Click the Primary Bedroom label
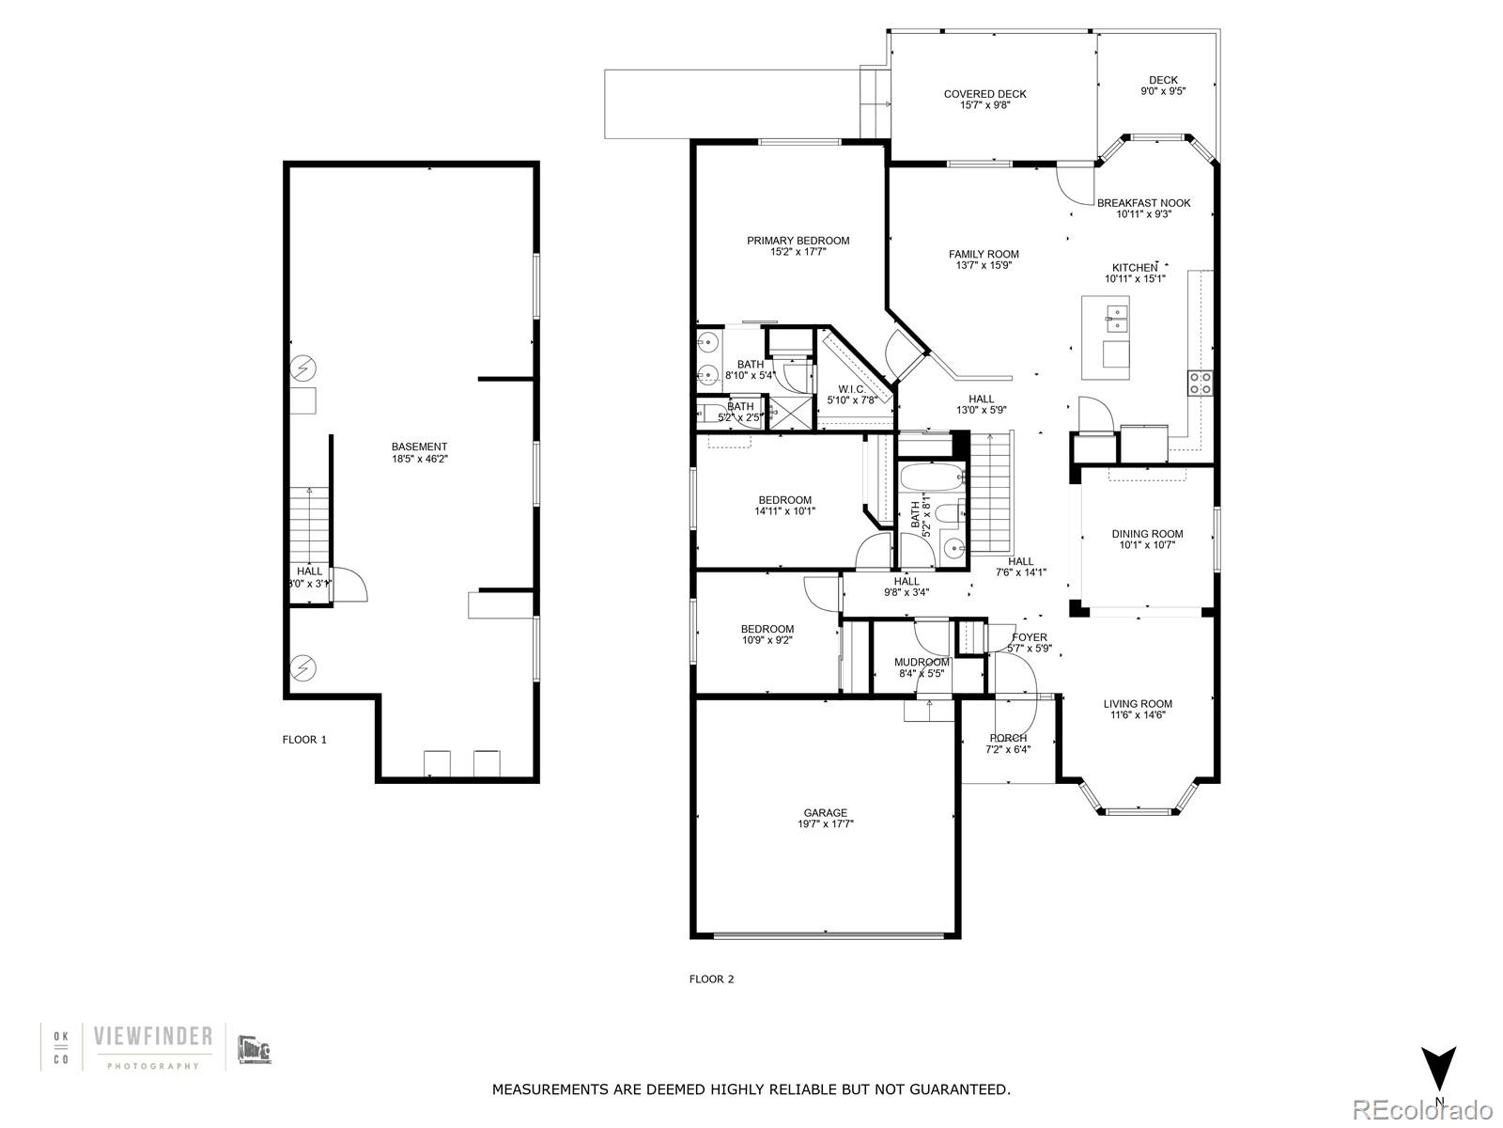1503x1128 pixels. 798,241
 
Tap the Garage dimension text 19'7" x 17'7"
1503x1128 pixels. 825,824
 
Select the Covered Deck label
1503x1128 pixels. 984,94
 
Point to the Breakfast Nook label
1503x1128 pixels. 1143,203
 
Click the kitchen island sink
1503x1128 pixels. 1117,318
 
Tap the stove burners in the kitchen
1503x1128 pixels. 1201,382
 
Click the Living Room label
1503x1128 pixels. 1137,704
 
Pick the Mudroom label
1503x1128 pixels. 922,663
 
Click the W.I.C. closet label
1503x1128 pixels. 851,389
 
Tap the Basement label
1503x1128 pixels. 419,447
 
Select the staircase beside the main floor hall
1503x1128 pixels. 991,493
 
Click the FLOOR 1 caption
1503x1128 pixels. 304,740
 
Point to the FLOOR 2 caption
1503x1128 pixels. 711,979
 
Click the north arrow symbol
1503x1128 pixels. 1438,1068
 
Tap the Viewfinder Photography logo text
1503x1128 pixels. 153,1037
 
